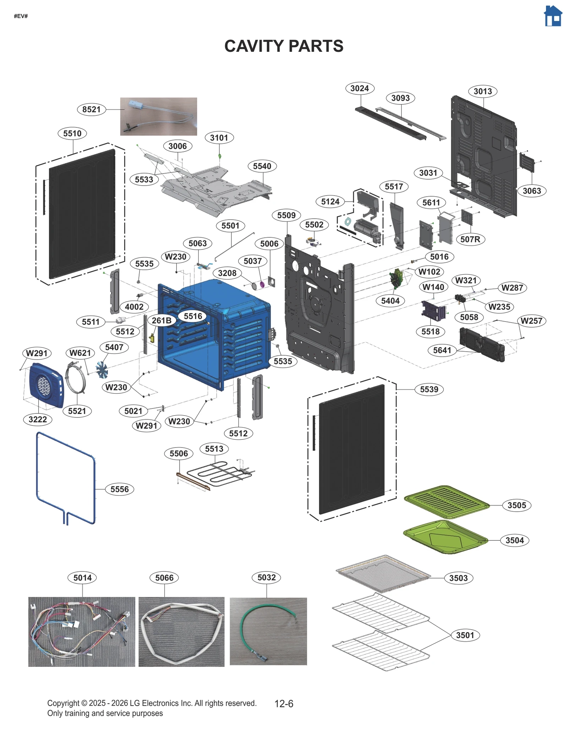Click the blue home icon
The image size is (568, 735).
[553, 16]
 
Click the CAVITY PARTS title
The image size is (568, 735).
[284, 46]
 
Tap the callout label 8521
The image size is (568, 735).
[91, 109]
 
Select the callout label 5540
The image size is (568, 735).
[262, 166]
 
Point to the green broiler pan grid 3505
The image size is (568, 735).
[446, 501]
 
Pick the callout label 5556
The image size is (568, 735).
[119, 489]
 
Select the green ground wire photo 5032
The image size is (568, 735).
[268, 631]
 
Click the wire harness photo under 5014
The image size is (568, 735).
[82, 632]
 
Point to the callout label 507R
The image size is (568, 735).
[470, 239]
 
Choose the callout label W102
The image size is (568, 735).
[429, 272]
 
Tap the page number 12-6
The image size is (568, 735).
[284, 703]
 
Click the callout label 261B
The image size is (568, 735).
[162, 320]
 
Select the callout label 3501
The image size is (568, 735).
[465, 635]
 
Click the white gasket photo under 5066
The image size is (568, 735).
[181, 632]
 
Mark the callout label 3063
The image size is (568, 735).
[531, 191]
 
